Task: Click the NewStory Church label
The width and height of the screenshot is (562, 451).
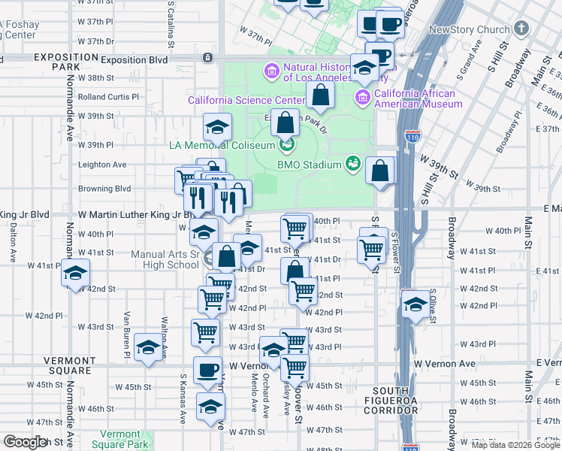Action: click(469, 29)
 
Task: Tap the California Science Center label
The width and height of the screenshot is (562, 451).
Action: click(246, 100)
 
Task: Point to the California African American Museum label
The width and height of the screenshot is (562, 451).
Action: click(414, 98)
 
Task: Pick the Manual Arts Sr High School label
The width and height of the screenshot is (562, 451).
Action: click(165, 259)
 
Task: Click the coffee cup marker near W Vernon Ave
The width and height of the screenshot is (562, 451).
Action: click(207, 369)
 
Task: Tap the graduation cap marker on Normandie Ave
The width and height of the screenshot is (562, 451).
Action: click(75, 273)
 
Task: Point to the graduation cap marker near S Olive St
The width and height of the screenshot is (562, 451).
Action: click(414, 304)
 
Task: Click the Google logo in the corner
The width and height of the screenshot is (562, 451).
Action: click(25, 442)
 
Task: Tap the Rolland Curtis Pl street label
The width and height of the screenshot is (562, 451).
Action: click(108, 97)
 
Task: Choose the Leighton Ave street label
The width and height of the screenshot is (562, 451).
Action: click(102, 165)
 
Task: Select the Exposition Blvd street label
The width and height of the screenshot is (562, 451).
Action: click(134, 59)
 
